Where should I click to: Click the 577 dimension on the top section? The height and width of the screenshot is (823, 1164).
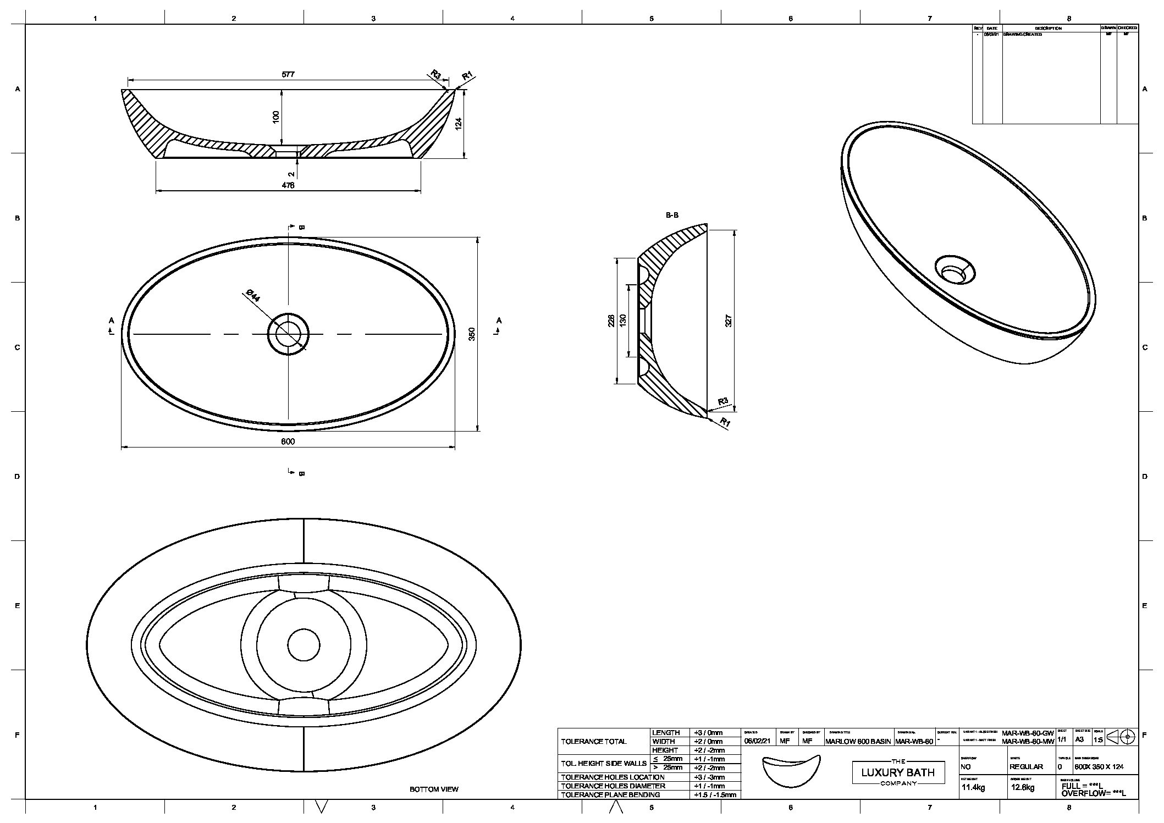pos(288,74)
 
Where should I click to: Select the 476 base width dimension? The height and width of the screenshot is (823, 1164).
pos(288,185)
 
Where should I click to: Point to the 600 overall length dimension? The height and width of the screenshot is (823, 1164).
pos(288,441)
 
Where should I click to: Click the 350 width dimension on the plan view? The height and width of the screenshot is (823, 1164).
pos(471,334)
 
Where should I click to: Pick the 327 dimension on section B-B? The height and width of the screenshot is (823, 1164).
pos(729,320)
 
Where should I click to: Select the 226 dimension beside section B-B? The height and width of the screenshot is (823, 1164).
pos(611,321)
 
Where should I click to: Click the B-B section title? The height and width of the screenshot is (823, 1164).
pos(672,215)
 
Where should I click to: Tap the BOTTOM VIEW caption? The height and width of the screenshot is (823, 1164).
pos(434,789)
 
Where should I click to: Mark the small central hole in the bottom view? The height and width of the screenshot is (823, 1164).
pos(304,645)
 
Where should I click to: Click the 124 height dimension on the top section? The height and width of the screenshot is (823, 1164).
pos(459,123)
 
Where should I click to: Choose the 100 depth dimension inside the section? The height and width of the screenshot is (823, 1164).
pos(276,116)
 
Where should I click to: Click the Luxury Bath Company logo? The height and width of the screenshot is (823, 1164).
pos(897,772)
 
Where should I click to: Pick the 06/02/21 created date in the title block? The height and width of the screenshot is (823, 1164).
pos(757,742)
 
